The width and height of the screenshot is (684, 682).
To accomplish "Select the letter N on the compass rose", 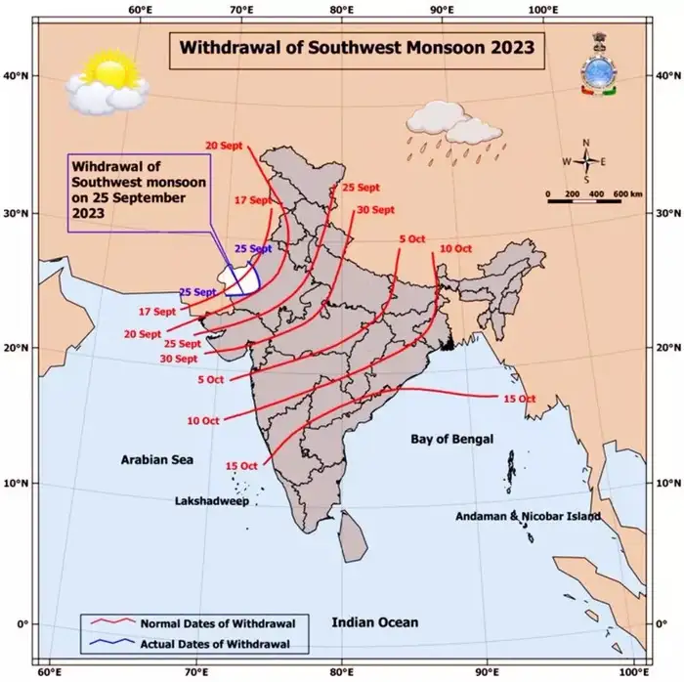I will (586, 143).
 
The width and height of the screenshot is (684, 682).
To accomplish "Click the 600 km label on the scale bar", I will (627, 194).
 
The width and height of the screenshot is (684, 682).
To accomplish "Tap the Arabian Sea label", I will (157, 459).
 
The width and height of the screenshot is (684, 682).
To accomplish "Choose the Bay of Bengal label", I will (451, 440).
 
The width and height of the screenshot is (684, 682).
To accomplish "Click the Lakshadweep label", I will (212, 499).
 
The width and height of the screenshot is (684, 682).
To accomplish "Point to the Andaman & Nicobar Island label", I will (528, 516).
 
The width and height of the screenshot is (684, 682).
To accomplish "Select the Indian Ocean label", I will (374, 622).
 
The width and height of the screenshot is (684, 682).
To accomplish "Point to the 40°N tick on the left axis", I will (18, 75).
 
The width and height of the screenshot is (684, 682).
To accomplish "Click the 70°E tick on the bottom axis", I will (196, 672).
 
